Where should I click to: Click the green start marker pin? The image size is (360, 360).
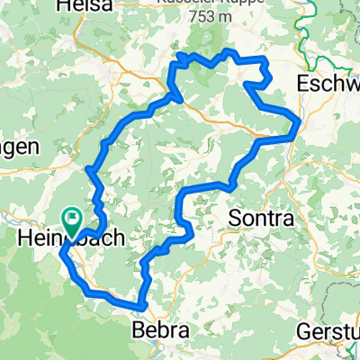coord(71,219)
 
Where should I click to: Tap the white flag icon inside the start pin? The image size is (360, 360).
coord(71,217)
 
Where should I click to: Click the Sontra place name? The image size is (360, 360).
coord(261,219)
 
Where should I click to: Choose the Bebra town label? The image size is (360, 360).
coord(162,330)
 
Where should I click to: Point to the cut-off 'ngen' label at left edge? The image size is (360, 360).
coord(18,147)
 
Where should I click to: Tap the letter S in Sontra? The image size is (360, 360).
coord(236,219)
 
